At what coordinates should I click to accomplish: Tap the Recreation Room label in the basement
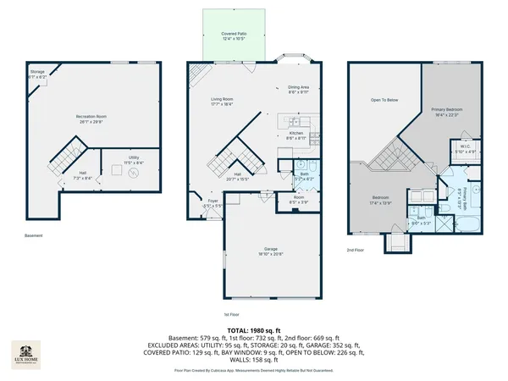[96, 118]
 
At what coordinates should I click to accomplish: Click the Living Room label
[223, 102]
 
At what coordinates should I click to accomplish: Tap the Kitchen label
[296, 135]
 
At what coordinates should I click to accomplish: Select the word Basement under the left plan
[32, 236]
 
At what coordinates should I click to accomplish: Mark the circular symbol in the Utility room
[133, 174]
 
